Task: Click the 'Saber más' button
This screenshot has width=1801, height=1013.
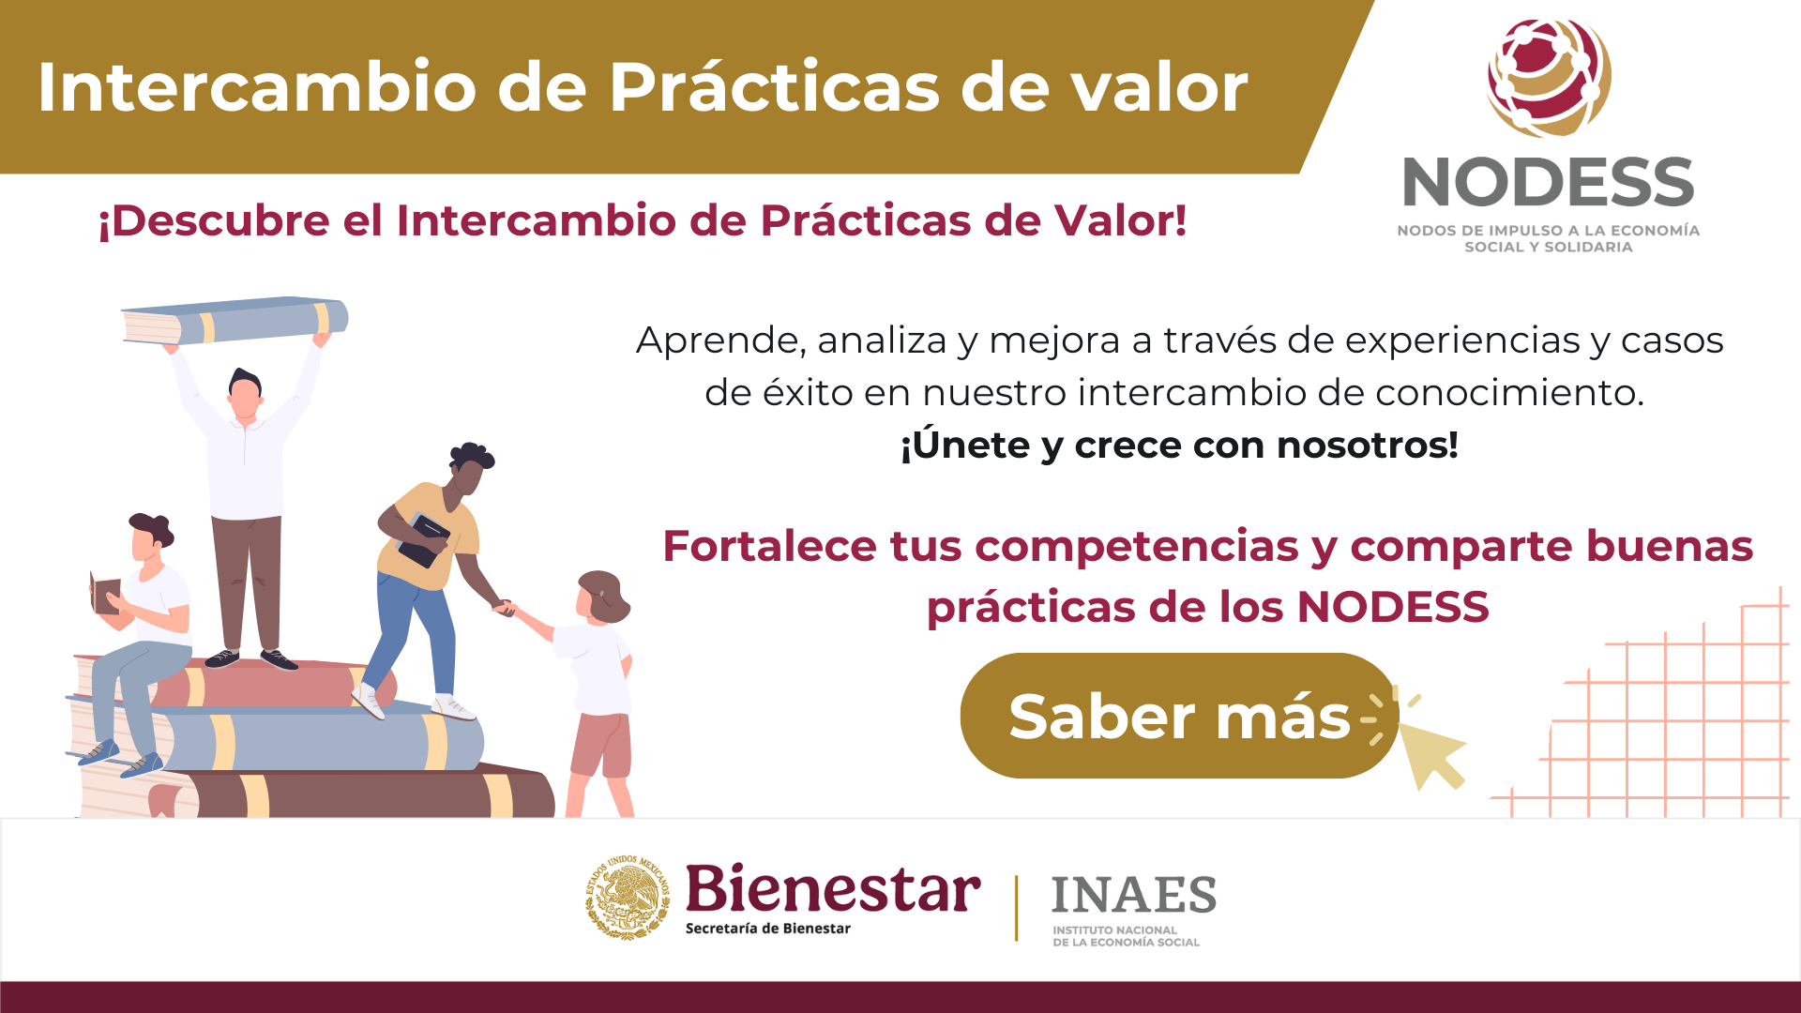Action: click(x=1179, y=716)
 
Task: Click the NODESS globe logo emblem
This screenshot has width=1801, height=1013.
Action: click(x=1549, y=78)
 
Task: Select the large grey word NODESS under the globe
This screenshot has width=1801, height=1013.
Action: click(x=1549, y=182)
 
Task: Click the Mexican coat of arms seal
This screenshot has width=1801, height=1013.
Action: click(x=628, y=898)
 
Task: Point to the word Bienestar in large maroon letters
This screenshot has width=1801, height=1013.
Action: click(x=833, y=888)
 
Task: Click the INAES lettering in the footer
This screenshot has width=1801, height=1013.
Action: click(x=1134, y=895)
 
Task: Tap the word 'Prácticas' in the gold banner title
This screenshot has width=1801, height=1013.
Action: click(x=776, y=87)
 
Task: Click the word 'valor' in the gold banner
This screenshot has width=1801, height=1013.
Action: click(x=1160, y=87)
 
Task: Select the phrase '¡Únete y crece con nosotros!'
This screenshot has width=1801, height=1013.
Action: click(x=1179, y=445)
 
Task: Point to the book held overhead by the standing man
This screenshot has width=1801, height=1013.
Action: click(x=235, y=321)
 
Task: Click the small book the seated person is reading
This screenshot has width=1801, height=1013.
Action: click(x=106, y=593)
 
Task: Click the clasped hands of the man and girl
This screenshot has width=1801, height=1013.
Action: click(x=505, y=608)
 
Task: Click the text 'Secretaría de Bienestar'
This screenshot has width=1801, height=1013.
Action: click(x=768, y=929)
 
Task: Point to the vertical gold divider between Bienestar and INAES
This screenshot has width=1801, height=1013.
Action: click(x=1017, y=908)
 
